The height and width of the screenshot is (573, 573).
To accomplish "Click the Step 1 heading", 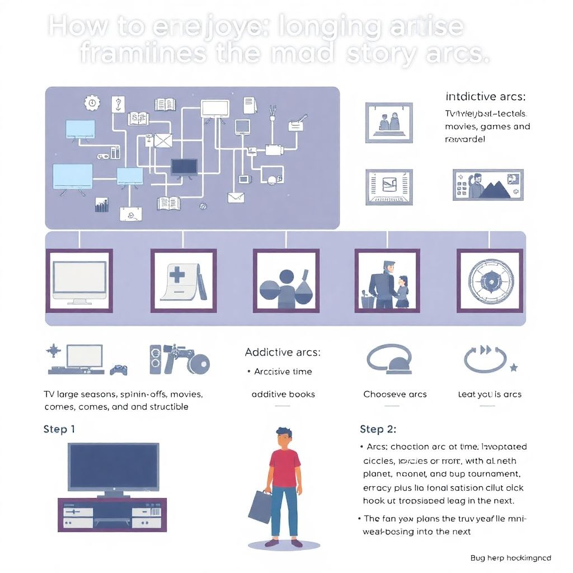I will click(59, 429).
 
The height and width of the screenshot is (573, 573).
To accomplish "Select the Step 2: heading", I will click(378, 429).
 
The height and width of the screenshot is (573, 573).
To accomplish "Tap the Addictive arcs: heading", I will click(283, 352).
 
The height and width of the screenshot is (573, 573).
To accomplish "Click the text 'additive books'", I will click(283, 394).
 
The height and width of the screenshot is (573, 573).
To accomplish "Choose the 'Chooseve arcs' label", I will click(395, 394).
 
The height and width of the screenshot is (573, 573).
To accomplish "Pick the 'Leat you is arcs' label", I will click(490, 394).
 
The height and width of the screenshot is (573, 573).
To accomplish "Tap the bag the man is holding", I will click(260, 510).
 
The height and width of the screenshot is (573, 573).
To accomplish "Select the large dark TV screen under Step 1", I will click(113, 467).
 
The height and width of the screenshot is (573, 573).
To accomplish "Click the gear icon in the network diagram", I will click(91, 102).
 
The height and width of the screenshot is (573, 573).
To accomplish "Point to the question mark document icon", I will click(118, 104).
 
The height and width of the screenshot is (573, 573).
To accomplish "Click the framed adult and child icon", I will click(387, 280).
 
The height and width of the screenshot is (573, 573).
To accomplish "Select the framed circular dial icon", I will click(490, 280).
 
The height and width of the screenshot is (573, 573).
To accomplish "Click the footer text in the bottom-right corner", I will click(510, 557).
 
